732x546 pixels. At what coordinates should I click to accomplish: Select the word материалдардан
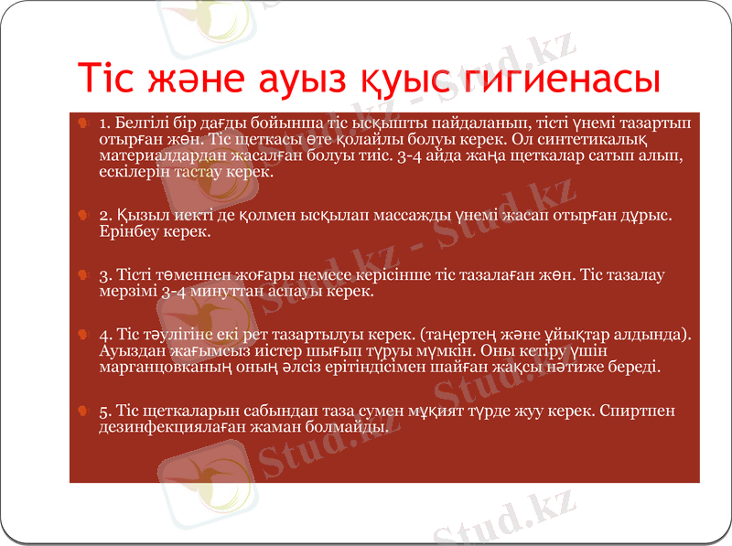[x=153, y=155]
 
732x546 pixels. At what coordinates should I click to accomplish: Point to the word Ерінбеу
[x=126, y=232]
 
